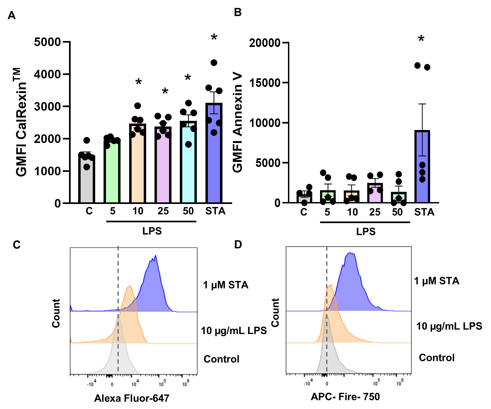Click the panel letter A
click(x=12, y=15)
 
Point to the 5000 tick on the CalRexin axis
click(x=47, y=42)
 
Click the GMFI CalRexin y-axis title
click(x=21, y=122)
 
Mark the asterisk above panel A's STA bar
click(x=214, y=38)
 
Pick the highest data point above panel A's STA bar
click(x=214, y=63)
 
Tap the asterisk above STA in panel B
click(x=421, y=39)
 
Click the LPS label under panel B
click(x=366, y=231)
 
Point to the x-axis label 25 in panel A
click(x=163, y=211)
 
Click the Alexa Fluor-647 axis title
click(x=132, y=398)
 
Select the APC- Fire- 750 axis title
click(x=345, y=397)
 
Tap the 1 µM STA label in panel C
click(x=225, y=285)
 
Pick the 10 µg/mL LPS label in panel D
click(x=449, y=326)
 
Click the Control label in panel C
click(x=221, y=359)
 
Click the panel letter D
click(x=238, y=244)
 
